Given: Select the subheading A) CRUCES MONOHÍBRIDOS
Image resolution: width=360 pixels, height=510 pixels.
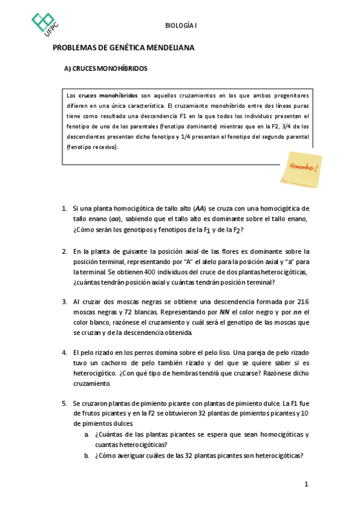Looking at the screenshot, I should [x=106, y=69].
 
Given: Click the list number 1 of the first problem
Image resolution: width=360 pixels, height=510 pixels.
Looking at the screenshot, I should [x=64, y=208].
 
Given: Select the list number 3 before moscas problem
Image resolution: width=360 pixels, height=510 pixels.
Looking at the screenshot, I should [x=64, y=301].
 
